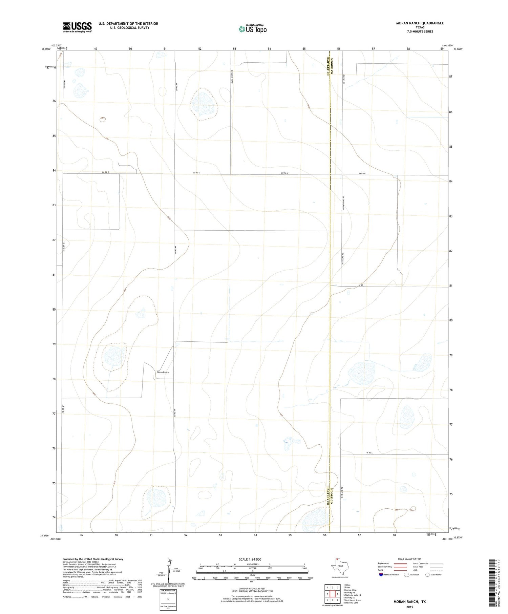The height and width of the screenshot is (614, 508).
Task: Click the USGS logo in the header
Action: [x=77, y=27]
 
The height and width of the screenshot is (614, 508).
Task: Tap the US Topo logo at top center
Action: [x=252, y=29]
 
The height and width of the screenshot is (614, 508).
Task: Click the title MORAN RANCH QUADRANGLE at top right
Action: [x=420, y=23]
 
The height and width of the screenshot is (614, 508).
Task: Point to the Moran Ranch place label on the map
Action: [x=163, y=372]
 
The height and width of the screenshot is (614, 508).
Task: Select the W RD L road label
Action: [x=369, y=453]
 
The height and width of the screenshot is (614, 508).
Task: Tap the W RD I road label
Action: [x=362, y=285]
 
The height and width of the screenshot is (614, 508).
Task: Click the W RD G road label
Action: [x=362, y=174]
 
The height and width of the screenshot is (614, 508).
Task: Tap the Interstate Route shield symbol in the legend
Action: [x=381, y=575]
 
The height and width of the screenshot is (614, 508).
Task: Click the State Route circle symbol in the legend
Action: [x=427, y=575]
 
